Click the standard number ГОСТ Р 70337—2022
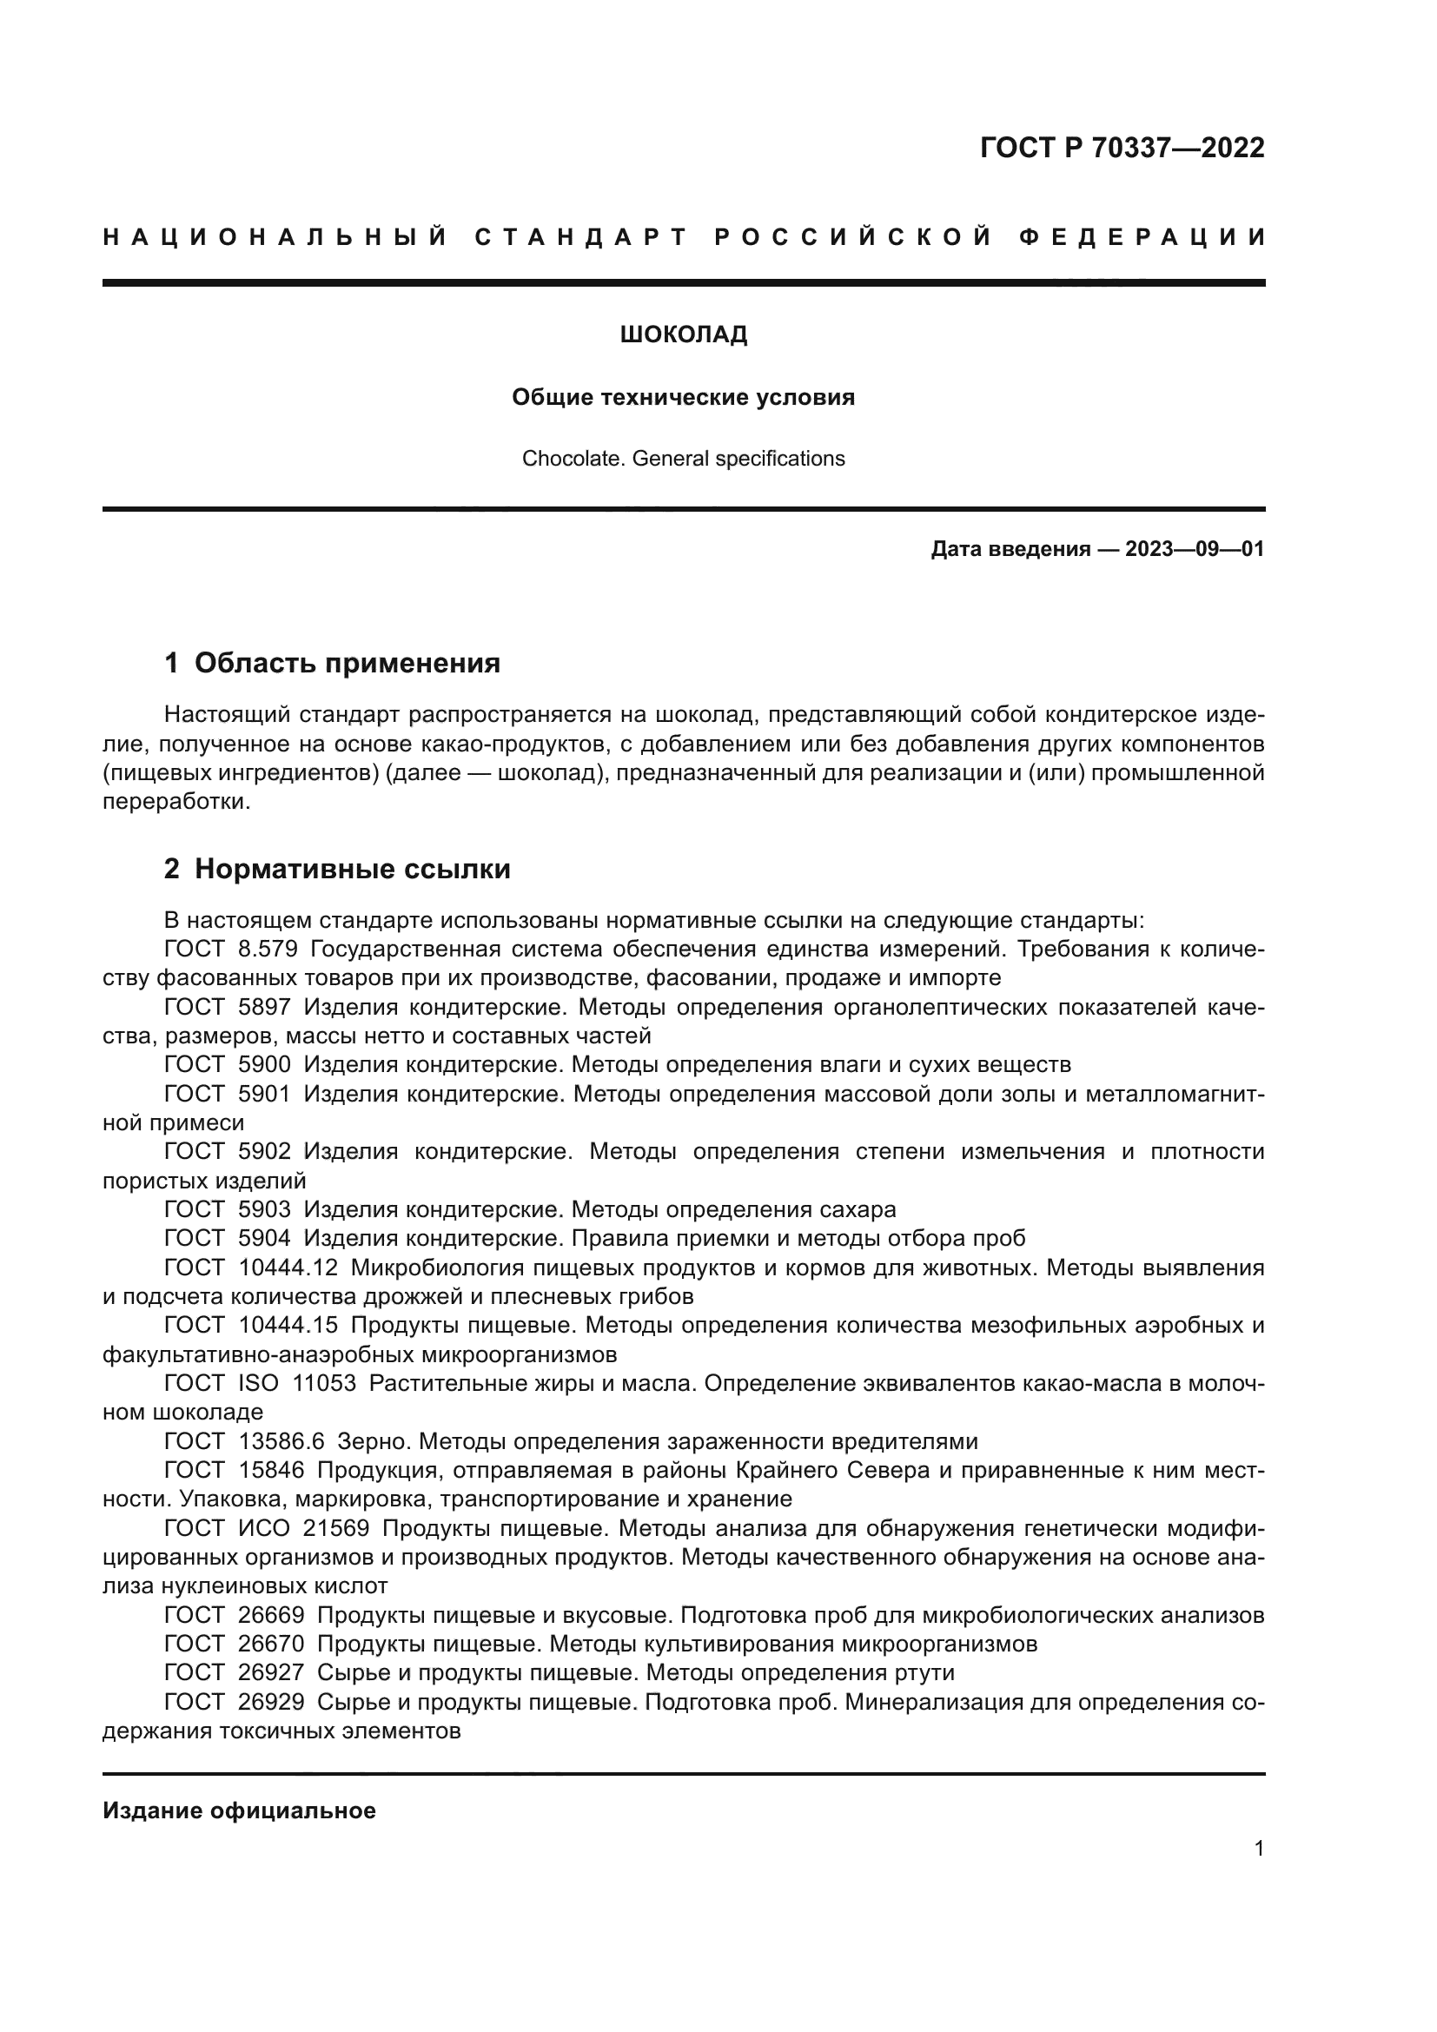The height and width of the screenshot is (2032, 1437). pyautogui.click(x=1122, y=148)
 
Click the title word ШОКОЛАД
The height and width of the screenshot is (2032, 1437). pyautogui.click(x=683, y=334)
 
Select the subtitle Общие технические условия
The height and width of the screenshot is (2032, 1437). pyautogui.click(x=683, y=397)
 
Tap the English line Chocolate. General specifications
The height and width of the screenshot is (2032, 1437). pyautogui.click(x=683, y=459)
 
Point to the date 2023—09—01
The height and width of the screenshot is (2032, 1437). pyautogui.click(x=1194, y=550)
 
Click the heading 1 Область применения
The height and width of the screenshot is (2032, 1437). pyautogui.click(x=332, y=663)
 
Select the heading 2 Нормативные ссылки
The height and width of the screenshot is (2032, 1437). pyautogui.click(x=337, y=869)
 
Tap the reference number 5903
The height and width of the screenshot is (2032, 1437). pyautogui.click(x=265, y=1209)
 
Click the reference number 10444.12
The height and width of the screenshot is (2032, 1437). pyautogui.click(x=288, y=1268)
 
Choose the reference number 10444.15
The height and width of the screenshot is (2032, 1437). pyautogui.click(x=288, y=1325)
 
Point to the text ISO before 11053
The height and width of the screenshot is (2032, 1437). pyautogui.click(x=258, y=1383)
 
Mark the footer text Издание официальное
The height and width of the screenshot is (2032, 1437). pyautogui.click(x=239, y=1810)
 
